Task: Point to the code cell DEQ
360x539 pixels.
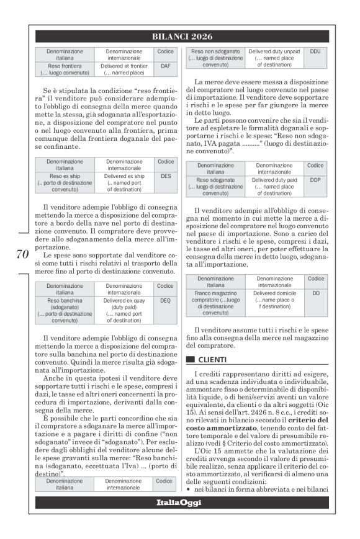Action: [165, 300]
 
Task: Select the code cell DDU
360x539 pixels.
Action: [315, 52]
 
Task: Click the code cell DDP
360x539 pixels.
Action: [315, 180]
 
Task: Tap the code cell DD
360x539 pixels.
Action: [315, 293]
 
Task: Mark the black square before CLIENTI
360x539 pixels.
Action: [191, 359]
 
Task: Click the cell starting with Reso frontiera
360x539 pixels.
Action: [65, 68]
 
